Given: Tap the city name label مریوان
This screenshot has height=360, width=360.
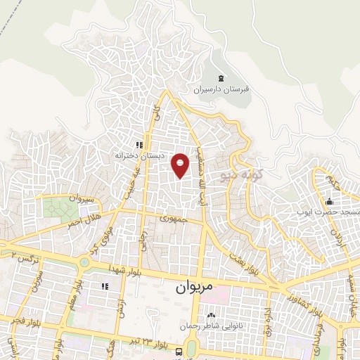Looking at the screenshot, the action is click(192, 287).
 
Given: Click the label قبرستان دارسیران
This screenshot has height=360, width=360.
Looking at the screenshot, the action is click(223, 89).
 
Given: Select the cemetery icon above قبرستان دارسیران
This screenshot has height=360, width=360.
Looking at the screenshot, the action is click(223, 77).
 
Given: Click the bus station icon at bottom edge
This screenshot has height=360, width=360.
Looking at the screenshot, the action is click(179, 352).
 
